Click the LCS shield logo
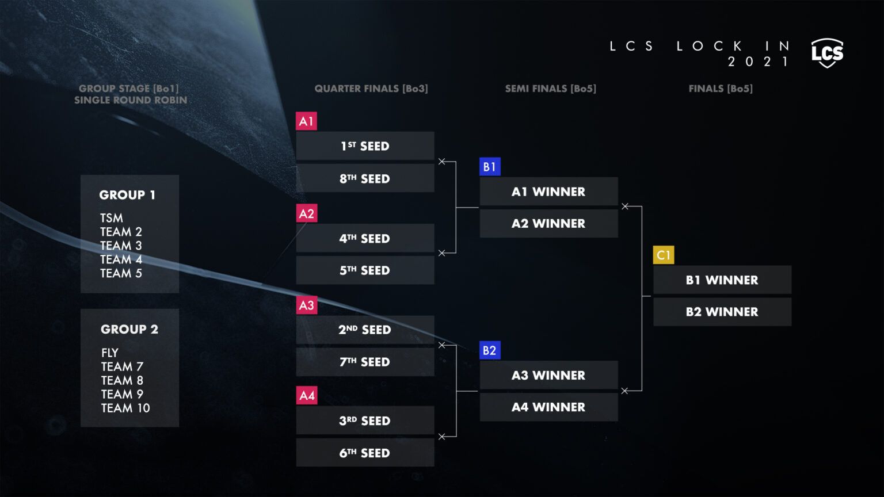[x=827, y=53]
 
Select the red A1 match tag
[x=306, y=121]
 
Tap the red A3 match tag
[x=307, y=305]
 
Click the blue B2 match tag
[x=490, y=350]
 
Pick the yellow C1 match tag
[x=664, y=255]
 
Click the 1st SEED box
[x=365, y=146]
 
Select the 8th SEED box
[x=365, y=178]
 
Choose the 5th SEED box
[x=365, y=270]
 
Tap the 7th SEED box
[x=365, y=362]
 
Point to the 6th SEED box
[x=365, y=453]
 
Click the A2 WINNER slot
[x=548, y=224]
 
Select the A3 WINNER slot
[x=548, y=375]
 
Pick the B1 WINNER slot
[x=722, y=280]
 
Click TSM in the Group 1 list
[x=112, y=218]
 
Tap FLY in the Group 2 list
[x=110, y=353]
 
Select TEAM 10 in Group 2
[x=125, y=408]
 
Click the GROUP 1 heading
[x=127, y=195]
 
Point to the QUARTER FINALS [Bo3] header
[x=371, y=89]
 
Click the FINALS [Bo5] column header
[x=721, y=89]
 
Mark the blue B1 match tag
[x=490, y=167]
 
